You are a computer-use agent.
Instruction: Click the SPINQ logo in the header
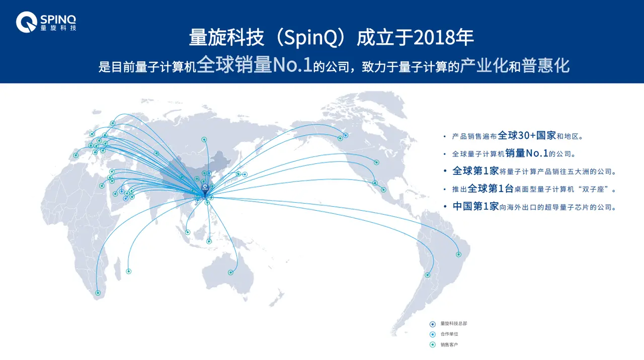click(x=46, y=22)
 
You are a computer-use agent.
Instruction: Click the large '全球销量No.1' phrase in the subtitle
click(x=255, y=64)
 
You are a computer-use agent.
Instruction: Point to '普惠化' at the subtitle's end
click(x=545, y=65)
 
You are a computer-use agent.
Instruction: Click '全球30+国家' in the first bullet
click(x=527, y=135)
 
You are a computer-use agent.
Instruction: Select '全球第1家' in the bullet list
click(x=475, y=171)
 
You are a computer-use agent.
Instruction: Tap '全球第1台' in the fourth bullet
click(x=491, y=189)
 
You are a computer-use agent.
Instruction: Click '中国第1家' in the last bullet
click(x=475, y=206)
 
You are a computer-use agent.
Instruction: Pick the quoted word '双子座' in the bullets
click(x=593, y=190)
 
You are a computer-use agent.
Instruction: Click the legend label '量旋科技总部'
click(x=454, y=323)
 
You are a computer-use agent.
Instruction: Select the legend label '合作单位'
click(x=449, y=334)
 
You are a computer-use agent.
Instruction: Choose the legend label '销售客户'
click(x=449, y=345)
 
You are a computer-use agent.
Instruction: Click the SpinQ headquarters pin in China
click(x=205, y=190)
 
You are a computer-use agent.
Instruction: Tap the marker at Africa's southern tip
click(x=98, y=293)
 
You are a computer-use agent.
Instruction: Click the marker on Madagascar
click(x=129, y=271)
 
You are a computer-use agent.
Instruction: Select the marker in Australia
click(x=230, y=273)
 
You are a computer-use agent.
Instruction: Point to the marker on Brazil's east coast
click(x=459, y=254)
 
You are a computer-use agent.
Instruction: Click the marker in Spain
click(x=75, y=155)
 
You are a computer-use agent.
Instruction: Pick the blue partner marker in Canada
click(x=346, y=135)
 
